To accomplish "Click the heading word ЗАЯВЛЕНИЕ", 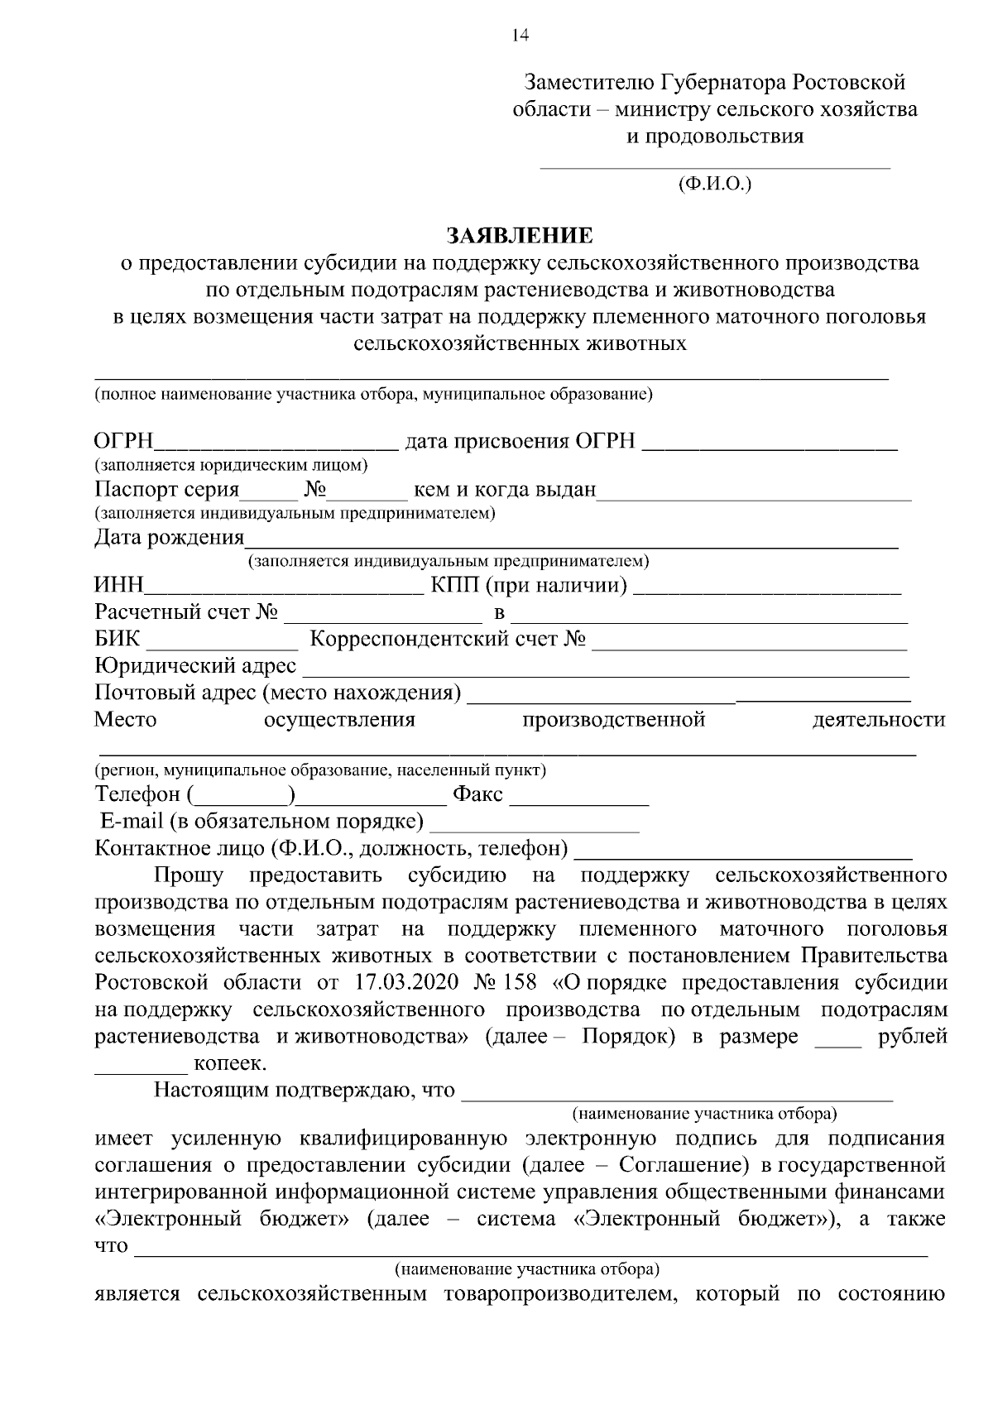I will tap(520, 237).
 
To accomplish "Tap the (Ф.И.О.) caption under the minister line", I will tap(714, 185).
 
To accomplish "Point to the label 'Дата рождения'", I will tap(169, 538).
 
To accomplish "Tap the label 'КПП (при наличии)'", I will tap(529, 587).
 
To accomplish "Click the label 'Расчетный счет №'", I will tap(185, 613).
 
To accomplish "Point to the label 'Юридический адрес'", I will tap(195, 666).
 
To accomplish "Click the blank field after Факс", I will tap(578, 800).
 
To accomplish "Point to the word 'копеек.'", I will tap(229, 1062).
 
